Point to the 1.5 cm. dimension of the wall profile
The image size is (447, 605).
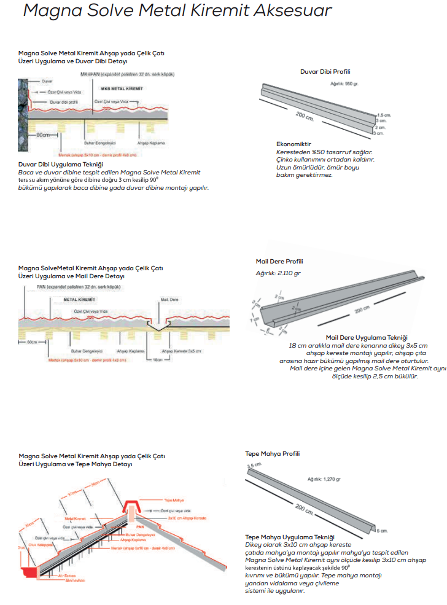click(x=384, y=115)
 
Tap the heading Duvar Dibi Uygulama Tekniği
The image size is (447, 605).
click(x=60, y=165)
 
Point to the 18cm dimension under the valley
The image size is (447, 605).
click(x=158, y=360)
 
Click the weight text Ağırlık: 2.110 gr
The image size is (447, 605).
click(x=278, y=272)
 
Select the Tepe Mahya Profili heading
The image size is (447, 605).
click(x=272, y=454)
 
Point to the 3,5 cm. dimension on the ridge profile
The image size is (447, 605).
click(x=254, y=466)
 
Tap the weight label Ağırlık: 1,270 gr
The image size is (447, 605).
click(x=324, y=478)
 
